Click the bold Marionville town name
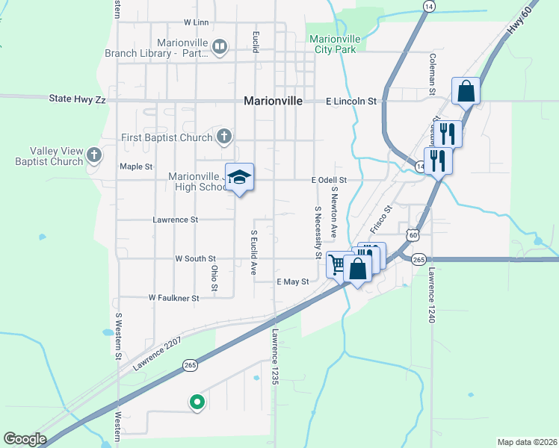pos(273,102)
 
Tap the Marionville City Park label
pos(334,44)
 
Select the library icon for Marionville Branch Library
pos(220,48)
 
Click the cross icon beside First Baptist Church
pos(223,137)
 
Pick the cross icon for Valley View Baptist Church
pos(93,155)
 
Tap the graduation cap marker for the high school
pos(240,177)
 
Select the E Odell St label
pos(330,180)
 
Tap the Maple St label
pos(136,167)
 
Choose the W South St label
pos(195,258)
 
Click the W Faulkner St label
pos(173,297)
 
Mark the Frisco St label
pos(380,220)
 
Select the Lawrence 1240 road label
pos(431,295)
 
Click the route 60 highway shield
pos(413,235)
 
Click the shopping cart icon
pos(338,263)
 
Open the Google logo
pos(25,439)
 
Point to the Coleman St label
pos(432,73)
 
